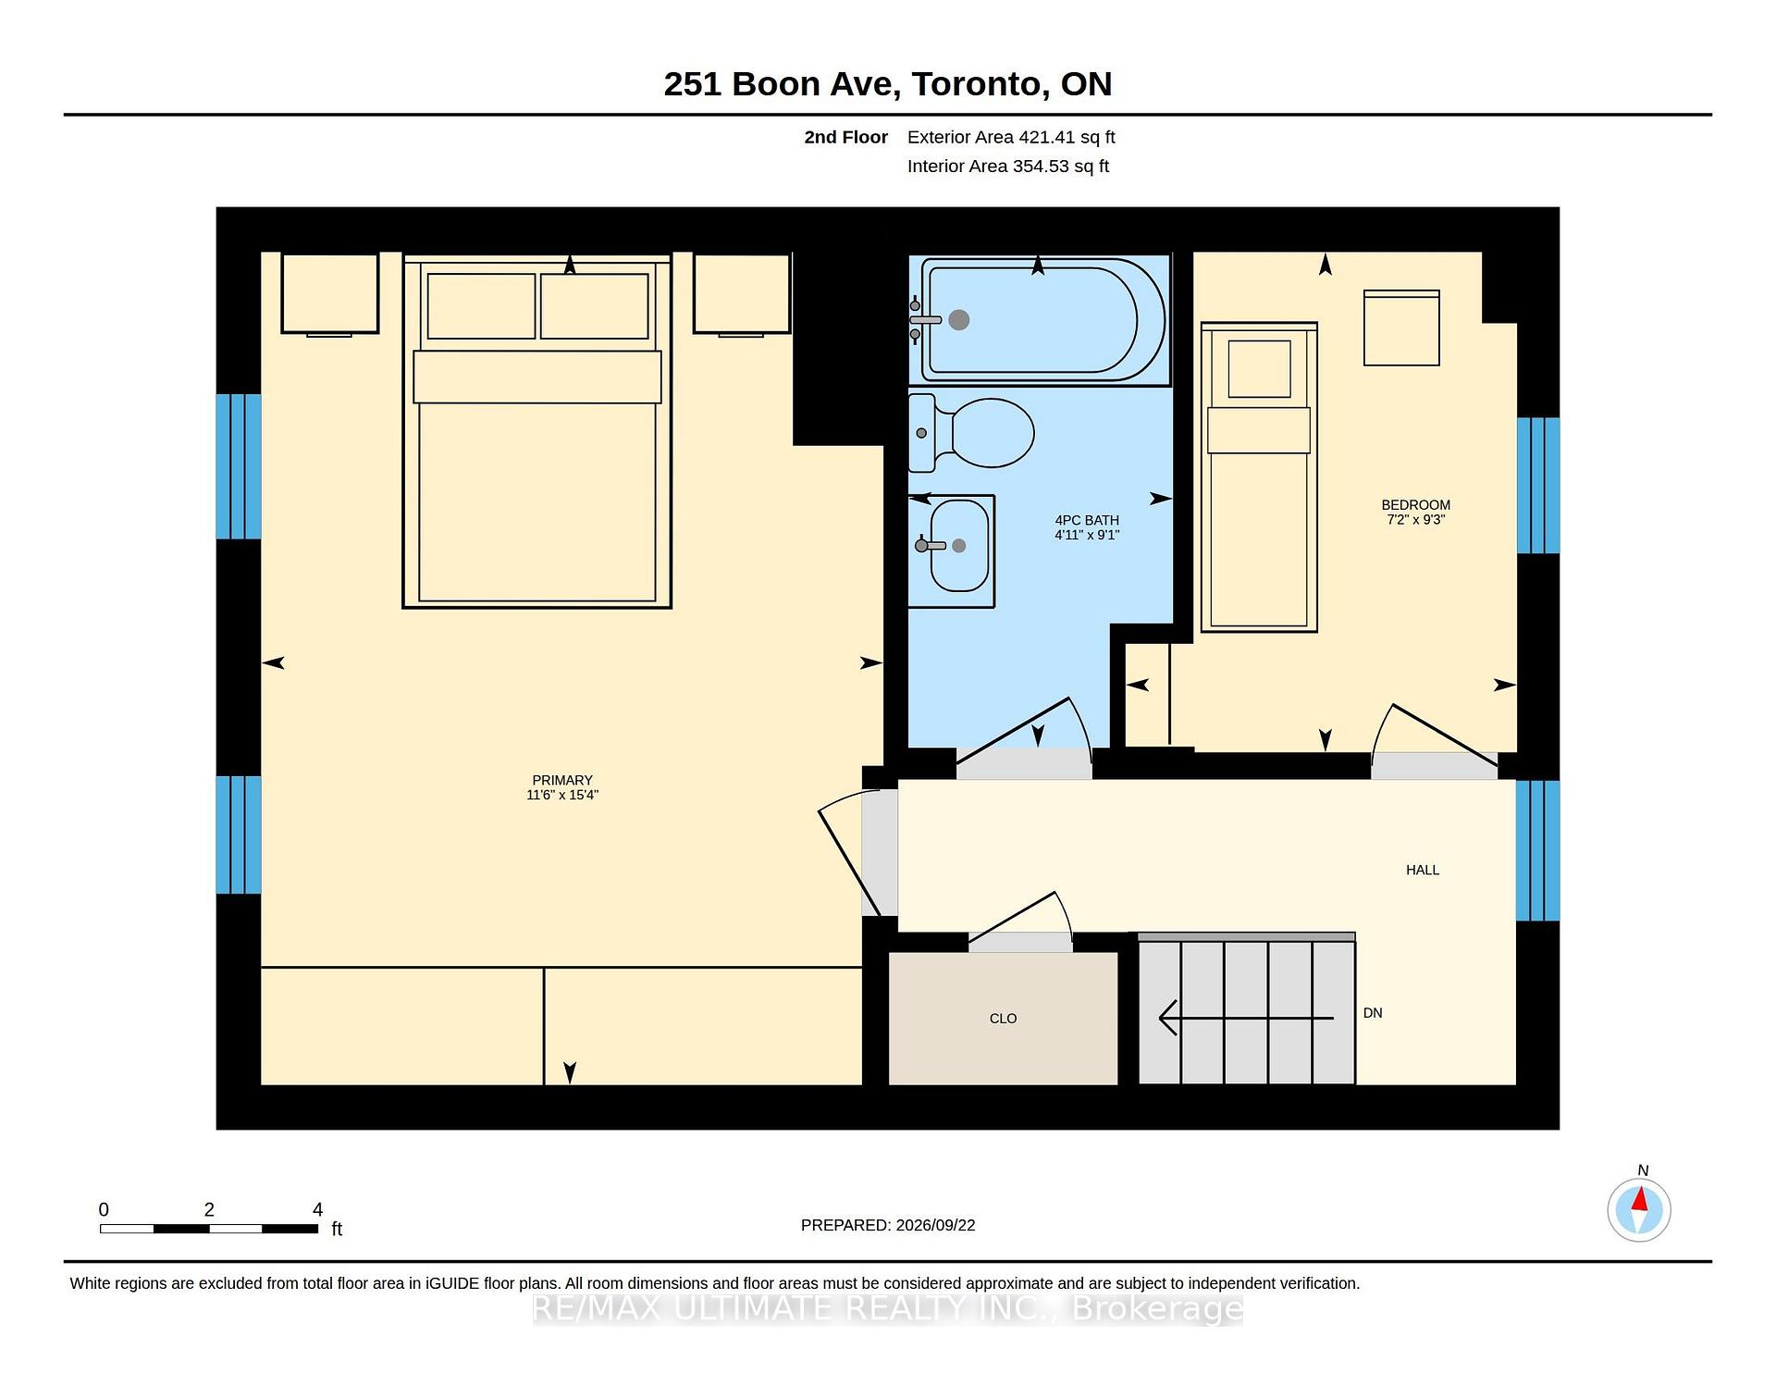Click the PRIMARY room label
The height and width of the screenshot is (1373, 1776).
(562, 780)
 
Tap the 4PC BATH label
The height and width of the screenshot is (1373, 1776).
(1087, 520)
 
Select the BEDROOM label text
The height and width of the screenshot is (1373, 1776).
(1415, 505)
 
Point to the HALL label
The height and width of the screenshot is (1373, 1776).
(1423, 870)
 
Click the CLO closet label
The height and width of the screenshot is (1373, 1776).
(1003, 1019)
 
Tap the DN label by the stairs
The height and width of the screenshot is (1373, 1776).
(1373, 1013)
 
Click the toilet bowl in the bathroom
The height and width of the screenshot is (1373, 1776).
(992, 433)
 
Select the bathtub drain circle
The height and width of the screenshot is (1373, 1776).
(959, 320)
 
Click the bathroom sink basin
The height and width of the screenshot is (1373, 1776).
(959, 546)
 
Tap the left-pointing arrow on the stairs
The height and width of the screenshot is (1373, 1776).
(1246, 1018)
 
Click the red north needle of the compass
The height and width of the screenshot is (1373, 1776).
(1639, 1200)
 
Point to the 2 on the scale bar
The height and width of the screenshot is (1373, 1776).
(209, 1209)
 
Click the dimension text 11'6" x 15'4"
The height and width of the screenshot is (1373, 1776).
(562, 795)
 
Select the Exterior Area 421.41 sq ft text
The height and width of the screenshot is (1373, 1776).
(1011, 137)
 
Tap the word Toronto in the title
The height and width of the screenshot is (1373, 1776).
(980, 84)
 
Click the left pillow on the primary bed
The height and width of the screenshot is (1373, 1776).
(481, 306)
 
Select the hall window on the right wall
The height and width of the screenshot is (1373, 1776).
(1537, 851)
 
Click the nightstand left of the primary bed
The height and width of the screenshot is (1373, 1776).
(330, 292)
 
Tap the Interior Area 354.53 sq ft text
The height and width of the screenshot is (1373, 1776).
(1007, 167)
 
